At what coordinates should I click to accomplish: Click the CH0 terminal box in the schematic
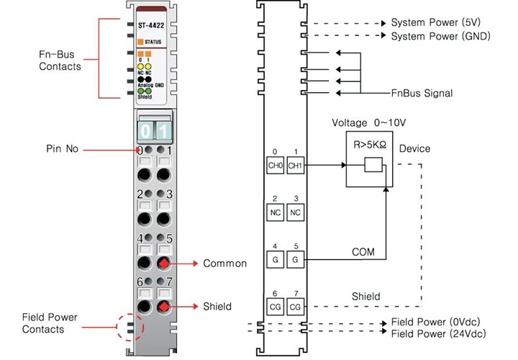(275, 166)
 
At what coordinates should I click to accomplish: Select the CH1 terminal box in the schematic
(295, 166)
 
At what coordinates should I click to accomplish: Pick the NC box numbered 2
(275, 212)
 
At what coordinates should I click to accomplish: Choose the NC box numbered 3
(295, 212)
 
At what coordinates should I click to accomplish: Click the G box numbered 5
(295, 258)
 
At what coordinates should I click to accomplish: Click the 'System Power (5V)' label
(436, 23)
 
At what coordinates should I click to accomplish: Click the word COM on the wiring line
(363, 253)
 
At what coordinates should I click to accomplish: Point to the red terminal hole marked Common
(165, 263)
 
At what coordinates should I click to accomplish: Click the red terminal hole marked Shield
(165, 307)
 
